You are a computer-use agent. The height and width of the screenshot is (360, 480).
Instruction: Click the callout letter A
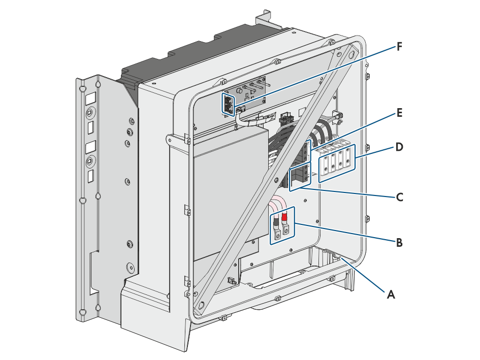(x=391, y=294)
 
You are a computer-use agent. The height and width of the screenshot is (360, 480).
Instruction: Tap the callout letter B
(x=399, y=242)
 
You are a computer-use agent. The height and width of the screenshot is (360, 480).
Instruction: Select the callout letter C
(x=399, y=197)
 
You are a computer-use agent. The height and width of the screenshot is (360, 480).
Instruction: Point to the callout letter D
(x=399, y=147)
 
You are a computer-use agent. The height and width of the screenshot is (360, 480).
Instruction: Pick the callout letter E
(x=399, y=113)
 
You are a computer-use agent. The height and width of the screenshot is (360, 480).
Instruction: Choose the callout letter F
(x=399, y=47)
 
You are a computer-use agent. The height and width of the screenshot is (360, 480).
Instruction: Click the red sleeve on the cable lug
(x=284, y=217)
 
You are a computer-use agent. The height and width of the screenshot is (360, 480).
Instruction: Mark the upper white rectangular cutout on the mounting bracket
(x=90, y=99)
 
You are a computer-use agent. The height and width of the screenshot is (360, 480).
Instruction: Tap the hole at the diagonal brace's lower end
(x=202, y=305)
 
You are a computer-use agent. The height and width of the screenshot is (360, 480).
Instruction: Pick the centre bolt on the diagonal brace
(x=276, y=179)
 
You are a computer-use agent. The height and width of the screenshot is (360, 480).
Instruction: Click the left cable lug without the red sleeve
(x=277, y=230)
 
